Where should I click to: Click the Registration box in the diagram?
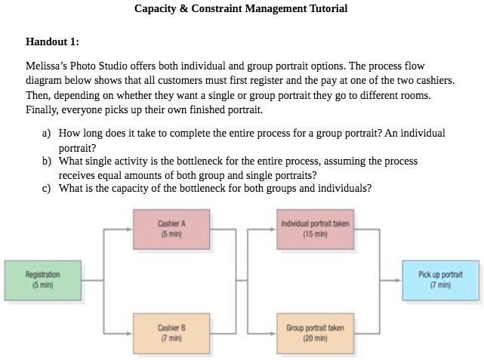coord(42,280)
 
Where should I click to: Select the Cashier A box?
coord(171,228)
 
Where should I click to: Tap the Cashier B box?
coord(171,333)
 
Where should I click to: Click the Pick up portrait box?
coord(440,280)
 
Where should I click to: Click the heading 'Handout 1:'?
coord(52,42)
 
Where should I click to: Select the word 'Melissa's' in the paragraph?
coord(46,66)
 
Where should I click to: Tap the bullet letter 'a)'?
coord(46,133)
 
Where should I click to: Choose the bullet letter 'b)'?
coord(46,162)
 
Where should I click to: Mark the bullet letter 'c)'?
coord(46,189)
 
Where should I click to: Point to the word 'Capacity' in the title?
coord(156,9)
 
